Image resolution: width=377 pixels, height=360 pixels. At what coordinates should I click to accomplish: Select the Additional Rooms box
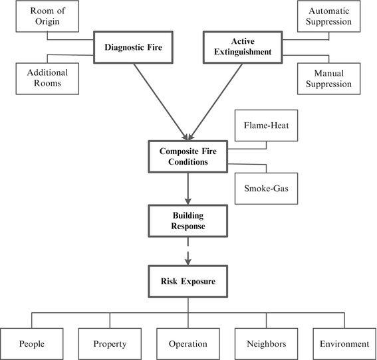coord(43,79)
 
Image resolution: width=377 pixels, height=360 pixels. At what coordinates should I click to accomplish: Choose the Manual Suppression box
coord(329,79)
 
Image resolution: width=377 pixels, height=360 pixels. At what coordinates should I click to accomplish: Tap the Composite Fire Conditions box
coord(189,156)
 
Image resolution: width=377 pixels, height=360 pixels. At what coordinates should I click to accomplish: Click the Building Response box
coord(189,221)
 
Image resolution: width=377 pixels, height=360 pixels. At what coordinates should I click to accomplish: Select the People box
coord(32,343)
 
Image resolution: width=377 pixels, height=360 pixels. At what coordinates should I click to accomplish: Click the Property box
coord(110,343)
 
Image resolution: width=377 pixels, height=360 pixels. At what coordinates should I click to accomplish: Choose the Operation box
coord(188,343)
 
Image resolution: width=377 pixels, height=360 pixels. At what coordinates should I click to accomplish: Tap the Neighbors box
coord(266,343)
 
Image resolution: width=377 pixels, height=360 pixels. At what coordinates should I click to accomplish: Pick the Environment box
coord(343,343)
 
